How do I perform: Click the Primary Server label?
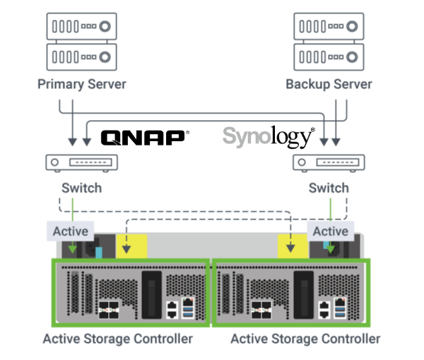(x=81, y=85)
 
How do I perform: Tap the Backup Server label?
(x=329, y=85)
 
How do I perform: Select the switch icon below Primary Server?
(x=82, y=163)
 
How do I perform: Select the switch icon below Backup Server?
(x=329, y=163)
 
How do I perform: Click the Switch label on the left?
(x=81, y=189)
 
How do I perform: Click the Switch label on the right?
(x=329, y=189)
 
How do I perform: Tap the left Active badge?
(x=71, y=231)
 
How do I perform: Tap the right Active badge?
(x=331, y=231)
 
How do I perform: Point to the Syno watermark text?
(x=247, y=135)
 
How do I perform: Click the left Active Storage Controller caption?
(x=118, y=340)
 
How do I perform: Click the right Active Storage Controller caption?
(x=305, y=340)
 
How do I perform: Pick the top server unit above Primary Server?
(x=82, y=27)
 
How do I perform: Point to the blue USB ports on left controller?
(x=187, y=308)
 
